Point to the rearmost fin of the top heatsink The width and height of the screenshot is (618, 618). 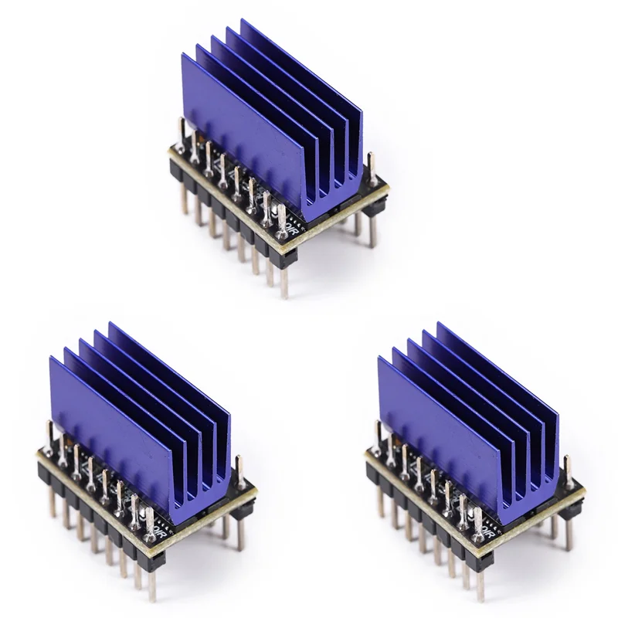[x=305, y=77]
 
